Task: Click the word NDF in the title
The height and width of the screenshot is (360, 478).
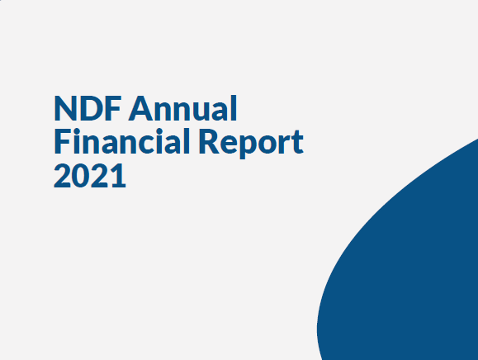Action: pos(88,108)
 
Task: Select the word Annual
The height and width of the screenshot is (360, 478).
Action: pos(183,108)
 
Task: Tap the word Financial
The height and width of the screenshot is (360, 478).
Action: pos(122,141)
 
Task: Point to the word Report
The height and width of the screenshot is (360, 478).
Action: pos(251,143)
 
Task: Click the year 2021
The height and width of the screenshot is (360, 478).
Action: pos(90,175)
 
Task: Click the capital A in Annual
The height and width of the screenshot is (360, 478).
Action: pos(141,108)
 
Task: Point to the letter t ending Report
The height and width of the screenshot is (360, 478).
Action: pos(298,143)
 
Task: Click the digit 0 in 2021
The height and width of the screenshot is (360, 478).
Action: pos(80,175)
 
